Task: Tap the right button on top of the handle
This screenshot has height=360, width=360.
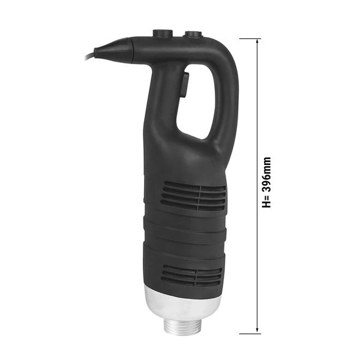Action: [193, 35]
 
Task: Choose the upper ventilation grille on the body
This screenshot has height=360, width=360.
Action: [193, 196]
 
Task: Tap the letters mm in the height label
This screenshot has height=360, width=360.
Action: [267, 165]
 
